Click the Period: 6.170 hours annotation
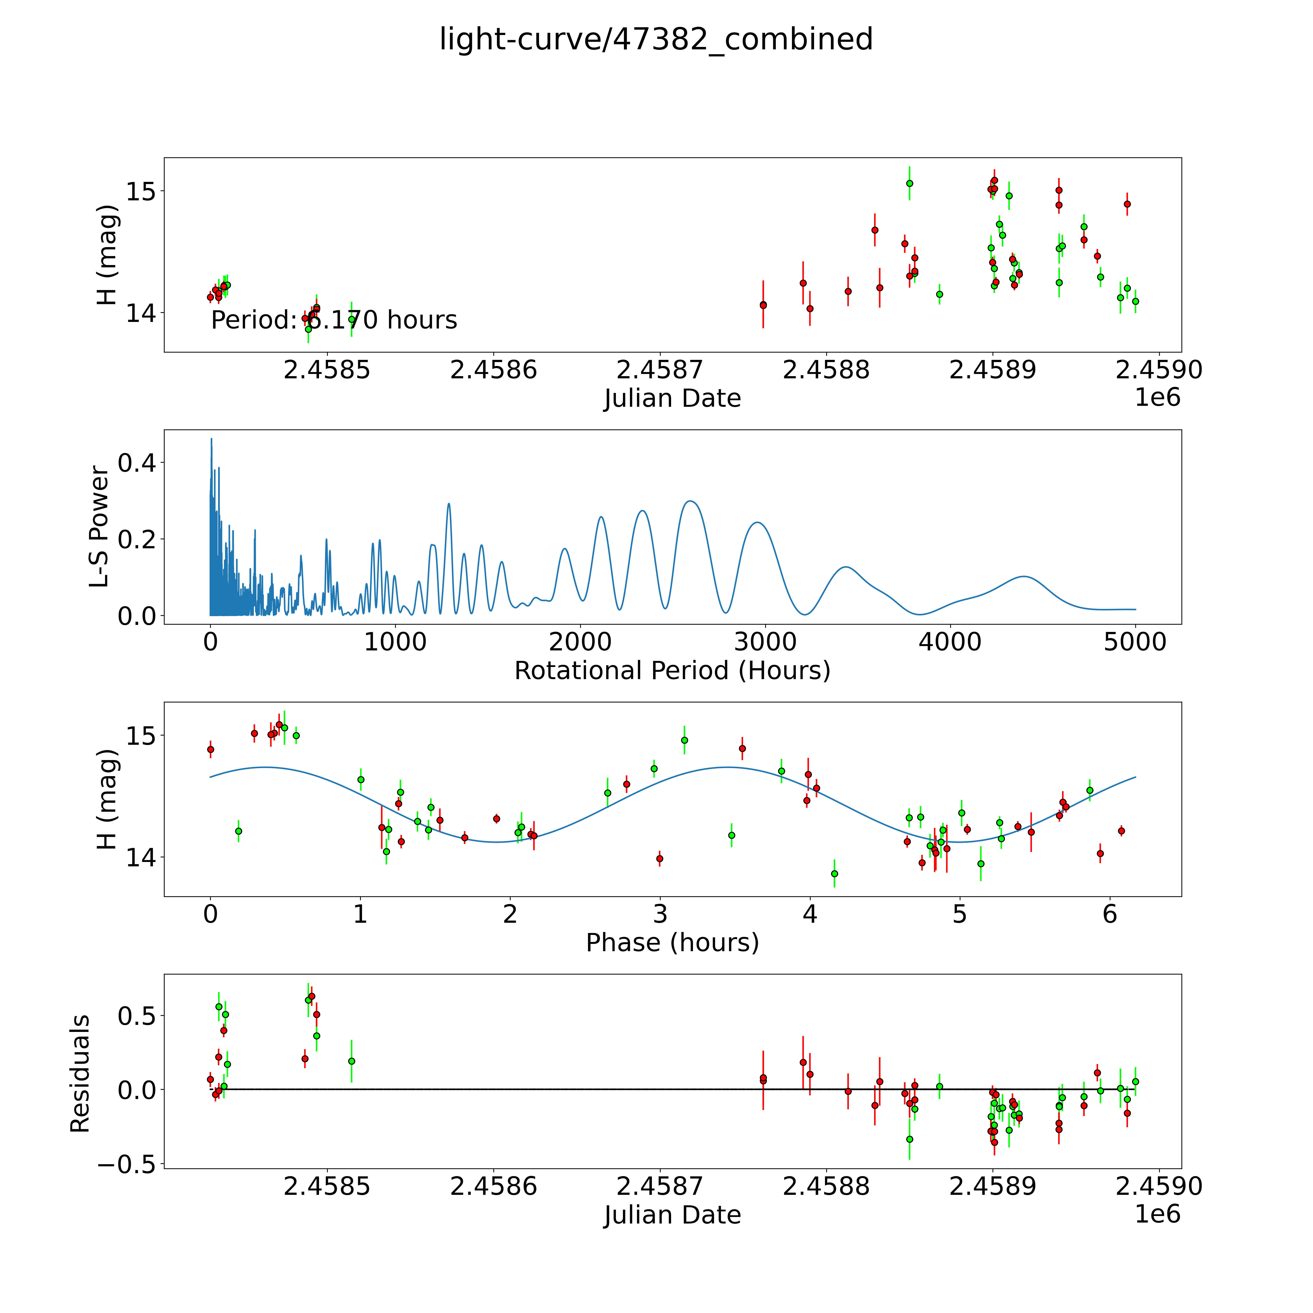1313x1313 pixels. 334,320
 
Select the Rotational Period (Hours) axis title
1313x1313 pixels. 672,671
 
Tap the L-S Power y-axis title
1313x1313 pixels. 99,527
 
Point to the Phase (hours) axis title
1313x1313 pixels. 672,943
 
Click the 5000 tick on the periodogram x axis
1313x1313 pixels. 1135,642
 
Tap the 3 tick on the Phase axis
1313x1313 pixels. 660,914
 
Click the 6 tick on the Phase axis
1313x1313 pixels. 1109,914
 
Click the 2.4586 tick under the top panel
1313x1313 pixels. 493,370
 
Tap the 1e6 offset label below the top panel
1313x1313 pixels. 1157,398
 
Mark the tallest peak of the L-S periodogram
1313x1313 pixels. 211,439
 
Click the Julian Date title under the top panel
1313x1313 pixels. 672,398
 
